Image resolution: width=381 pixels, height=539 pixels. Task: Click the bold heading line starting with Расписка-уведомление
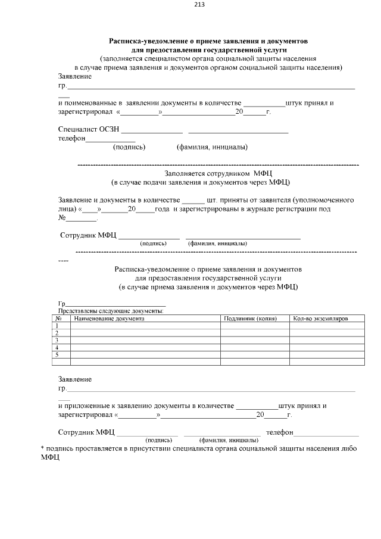(208, 41)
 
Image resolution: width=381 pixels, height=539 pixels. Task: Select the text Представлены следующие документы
(111, 310)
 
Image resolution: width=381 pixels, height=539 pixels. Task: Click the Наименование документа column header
(109, 319)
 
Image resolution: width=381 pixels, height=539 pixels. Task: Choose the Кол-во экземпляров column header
(320, 319)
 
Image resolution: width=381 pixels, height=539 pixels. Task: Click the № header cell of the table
(59, 319)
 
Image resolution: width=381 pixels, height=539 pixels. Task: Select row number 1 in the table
(57, 326)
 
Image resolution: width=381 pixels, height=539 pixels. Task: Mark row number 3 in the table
(57, 340)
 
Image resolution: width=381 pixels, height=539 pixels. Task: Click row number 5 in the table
(57, 354)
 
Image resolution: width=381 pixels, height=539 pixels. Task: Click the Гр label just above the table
(61, 303)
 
